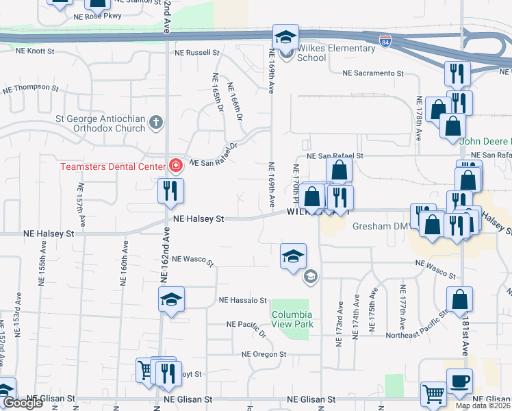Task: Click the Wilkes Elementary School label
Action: point(336,53)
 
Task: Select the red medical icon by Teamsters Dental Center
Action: point(175,166)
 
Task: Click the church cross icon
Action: point(156,123)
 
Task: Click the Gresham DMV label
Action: point(379,226)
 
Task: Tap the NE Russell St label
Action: point(196,52)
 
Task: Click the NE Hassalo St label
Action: point(242,300)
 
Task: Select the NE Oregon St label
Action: point(264,354)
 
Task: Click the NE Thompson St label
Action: point(31,88)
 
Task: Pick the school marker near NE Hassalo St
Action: point(171,299)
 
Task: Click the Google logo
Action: point(23,403)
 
